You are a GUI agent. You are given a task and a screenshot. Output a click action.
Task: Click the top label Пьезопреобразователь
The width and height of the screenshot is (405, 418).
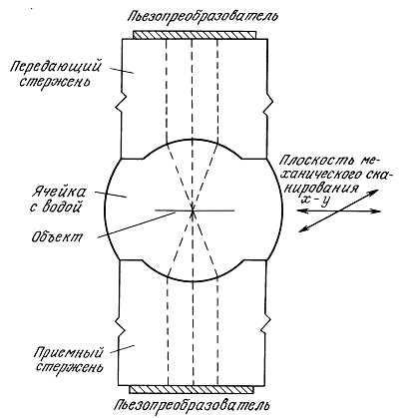202,16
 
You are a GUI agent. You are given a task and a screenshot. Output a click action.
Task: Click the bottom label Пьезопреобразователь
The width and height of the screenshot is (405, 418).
192,405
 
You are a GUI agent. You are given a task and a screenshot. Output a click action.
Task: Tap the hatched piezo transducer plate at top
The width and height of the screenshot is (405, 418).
195,35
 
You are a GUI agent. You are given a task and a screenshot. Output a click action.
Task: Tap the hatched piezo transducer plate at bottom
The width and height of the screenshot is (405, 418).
192,389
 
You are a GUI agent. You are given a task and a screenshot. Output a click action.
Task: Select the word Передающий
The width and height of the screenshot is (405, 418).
55,68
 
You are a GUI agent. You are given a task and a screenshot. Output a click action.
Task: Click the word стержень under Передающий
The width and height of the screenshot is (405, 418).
54,82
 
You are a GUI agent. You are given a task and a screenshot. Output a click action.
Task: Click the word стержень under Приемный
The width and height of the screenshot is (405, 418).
70,367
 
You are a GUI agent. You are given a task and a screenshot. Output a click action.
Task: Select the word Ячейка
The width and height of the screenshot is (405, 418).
59,194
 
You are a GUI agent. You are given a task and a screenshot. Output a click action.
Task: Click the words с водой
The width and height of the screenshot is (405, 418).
56,208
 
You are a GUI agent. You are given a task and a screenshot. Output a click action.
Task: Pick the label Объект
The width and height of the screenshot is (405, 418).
57,236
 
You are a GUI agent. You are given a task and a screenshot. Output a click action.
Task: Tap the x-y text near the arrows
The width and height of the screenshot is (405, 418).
314,201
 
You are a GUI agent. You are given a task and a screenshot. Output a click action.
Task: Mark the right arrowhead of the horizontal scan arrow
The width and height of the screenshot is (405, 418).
377,211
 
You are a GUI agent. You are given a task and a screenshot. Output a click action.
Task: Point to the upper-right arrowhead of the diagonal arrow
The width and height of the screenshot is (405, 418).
374,192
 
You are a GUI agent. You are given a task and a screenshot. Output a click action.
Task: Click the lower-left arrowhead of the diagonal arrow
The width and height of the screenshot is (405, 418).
303,228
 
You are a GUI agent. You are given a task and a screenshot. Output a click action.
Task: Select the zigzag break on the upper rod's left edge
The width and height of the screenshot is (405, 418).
120,103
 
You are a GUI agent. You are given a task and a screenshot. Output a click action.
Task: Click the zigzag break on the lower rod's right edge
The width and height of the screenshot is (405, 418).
266,324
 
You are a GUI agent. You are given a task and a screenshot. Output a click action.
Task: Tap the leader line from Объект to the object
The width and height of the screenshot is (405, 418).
137,225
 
